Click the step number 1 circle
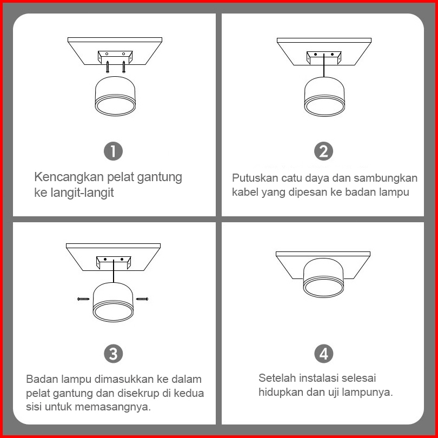(113, 151)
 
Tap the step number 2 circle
(323, 151)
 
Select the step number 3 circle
(113, 353)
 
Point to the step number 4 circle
(323, 353)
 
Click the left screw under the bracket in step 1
(108, 67)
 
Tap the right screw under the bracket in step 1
(124, 67)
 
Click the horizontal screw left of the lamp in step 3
(83, 299)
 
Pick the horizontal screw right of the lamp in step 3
(142, 299)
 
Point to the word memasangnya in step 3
(111, 407)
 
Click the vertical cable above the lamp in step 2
(324, 65)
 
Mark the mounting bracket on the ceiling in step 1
(115, 57)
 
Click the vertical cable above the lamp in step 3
(114, 271)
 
